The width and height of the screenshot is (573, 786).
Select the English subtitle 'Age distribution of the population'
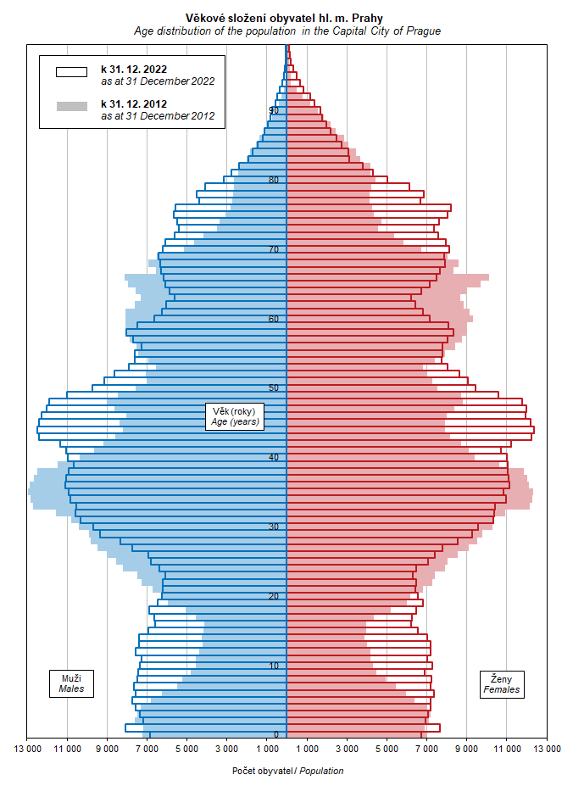pyautogui.click(x=286, y=31)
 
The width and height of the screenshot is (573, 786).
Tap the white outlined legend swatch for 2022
pyautogui.click(x=72, y=72)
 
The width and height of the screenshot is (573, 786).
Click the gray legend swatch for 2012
pyautogui.click(x=72, y=106)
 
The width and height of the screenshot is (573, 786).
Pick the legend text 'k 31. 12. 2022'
pyautogui.click(x=134, y=69)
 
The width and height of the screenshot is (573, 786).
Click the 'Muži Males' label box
pyautogui.click(x=71, y=684)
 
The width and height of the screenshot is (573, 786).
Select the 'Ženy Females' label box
pyautogui.click(x=502, y=684)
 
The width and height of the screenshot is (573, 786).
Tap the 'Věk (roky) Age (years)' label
pyautogui.click(x=236, y=416)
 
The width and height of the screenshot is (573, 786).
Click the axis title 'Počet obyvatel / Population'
pyautogui.click(x=287, y=771)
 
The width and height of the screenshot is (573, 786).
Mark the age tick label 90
pyautogui.click(x=274, y=110)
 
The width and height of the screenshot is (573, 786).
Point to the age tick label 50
pyautogui.click(x=274, y=388)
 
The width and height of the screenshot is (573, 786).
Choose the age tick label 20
pyautogui.click(x=274, y=597)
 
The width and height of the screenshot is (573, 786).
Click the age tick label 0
pyautogui.click(x=276, y=735)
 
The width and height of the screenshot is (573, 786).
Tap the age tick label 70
pyautogui.click(x=274, y=249)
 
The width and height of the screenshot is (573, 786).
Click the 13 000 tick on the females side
pyautogui.click(x=547, y=750)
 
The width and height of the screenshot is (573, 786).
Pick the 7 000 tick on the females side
pyautogui.click(x=426, y=750)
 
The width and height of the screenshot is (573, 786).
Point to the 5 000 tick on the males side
pyautogui.click(x=187, y=750)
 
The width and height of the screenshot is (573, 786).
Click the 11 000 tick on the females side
pyautogui.click(x=507, y=750)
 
